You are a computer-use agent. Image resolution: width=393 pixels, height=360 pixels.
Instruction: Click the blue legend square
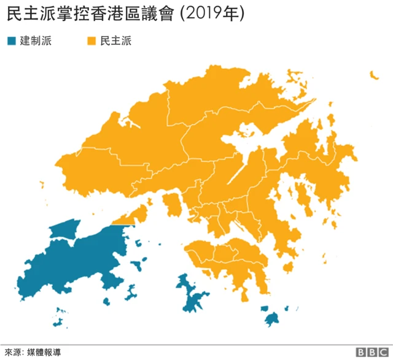pos(10,42)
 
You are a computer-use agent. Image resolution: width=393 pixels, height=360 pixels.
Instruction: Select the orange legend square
pos(91,42)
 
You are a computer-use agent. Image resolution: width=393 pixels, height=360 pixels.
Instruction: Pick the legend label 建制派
pos(36,42)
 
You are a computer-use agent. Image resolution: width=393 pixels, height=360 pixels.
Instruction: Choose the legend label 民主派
pos(116,42)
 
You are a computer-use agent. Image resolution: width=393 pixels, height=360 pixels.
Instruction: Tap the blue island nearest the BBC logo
pos(272,318)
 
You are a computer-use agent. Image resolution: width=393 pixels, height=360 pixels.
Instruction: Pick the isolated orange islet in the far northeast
pos(373,75)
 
